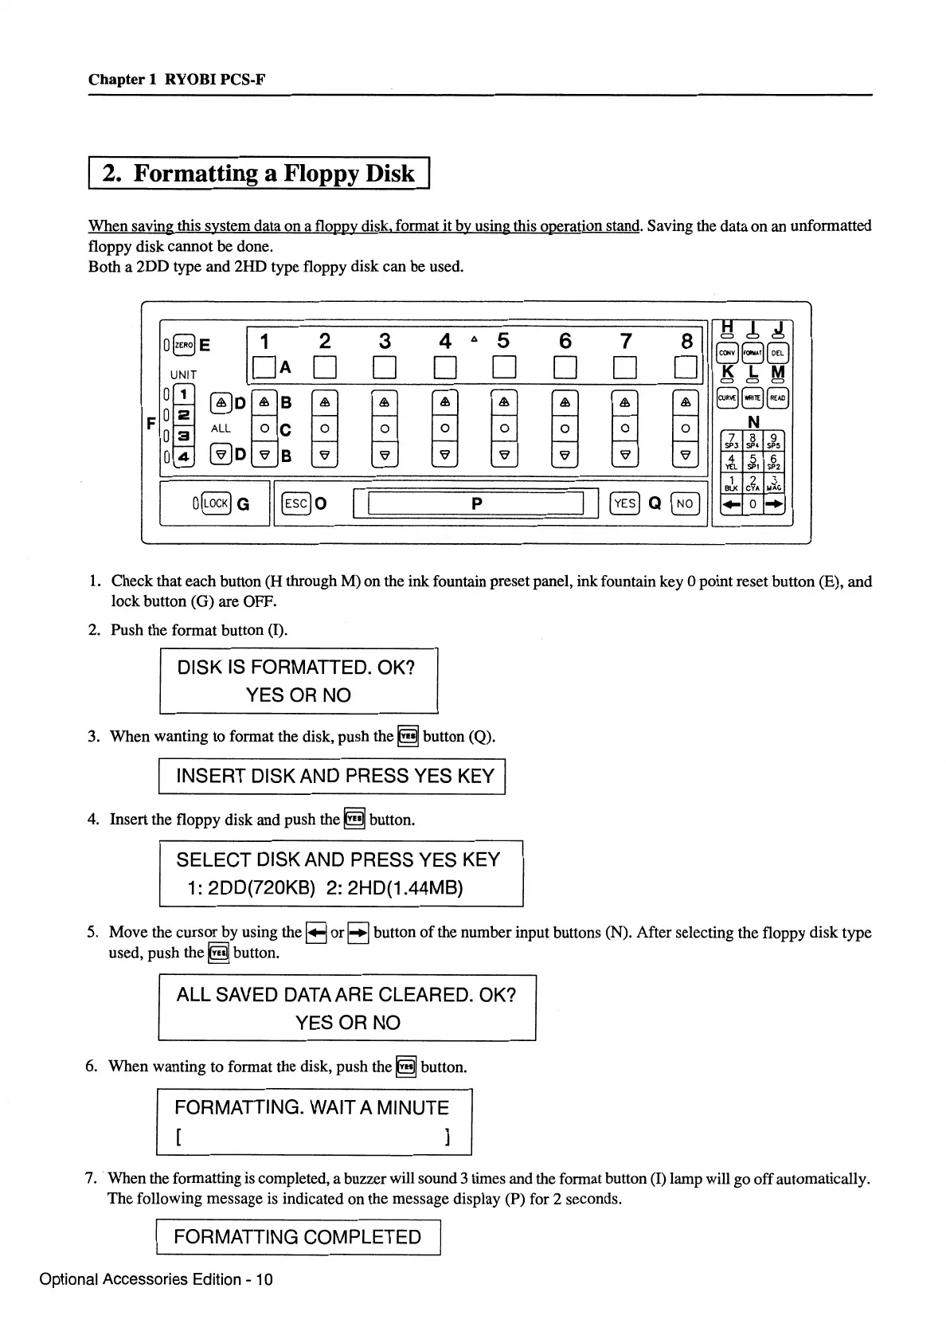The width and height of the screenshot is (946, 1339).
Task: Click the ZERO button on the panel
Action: tap(182, 344)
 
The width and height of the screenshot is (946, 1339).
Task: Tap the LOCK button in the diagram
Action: tap(215, 503)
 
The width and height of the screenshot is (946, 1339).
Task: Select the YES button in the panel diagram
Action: tap(625, 503)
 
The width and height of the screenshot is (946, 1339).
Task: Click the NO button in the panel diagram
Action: tap(684, 503)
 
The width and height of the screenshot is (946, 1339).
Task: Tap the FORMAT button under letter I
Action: tap(752, 353)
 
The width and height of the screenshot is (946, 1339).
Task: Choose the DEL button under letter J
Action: tap(778, 353)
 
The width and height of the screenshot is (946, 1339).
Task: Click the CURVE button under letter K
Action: tap(727, 397)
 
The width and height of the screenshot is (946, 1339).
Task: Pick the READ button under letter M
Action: tap(778, 397)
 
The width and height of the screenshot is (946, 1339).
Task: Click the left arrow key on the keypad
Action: tap(730, 504)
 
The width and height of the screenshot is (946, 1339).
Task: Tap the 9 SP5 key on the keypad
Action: tap(774, 440)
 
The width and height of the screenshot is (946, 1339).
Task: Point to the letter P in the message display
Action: tap(476, 503)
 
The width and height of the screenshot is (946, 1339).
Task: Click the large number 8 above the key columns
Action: tap(686, 342)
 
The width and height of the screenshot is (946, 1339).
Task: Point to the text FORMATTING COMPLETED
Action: tap(297, 1237)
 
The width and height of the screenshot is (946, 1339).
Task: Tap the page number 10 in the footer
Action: tap(264, 1279)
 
